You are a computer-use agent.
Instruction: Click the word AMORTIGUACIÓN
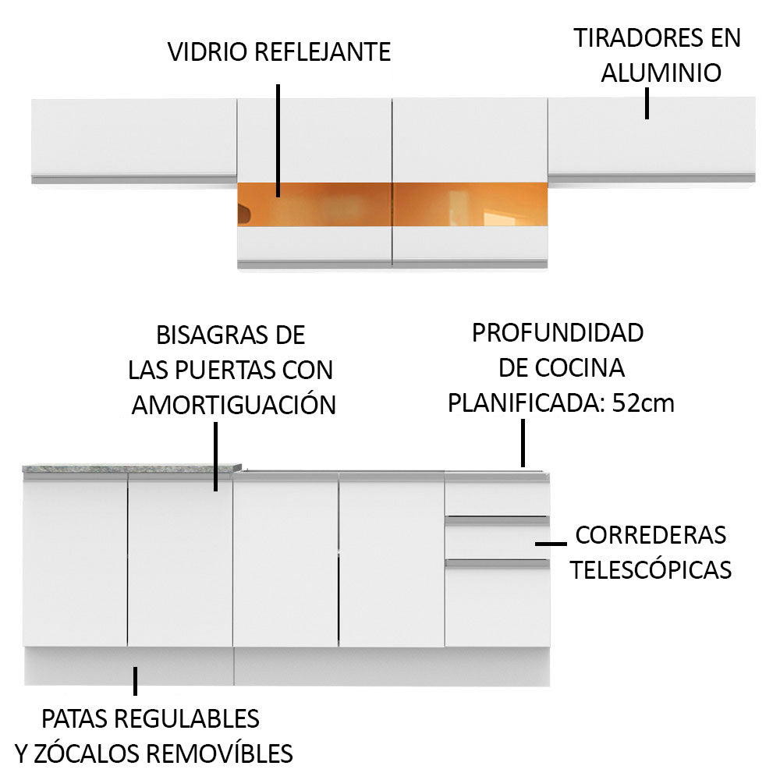pos(233,405)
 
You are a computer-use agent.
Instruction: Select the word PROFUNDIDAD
pos(558,332)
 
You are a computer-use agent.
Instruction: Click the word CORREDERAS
pos(651,535)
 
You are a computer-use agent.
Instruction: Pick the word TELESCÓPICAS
pos(651,570)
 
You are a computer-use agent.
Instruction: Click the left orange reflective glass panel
pos(314,206)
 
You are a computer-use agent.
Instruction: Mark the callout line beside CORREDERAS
pos(551,542)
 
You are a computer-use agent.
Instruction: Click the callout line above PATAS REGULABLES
pos(135,680)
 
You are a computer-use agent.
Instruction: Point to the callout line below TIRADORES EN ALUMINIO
pos(647,103)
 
